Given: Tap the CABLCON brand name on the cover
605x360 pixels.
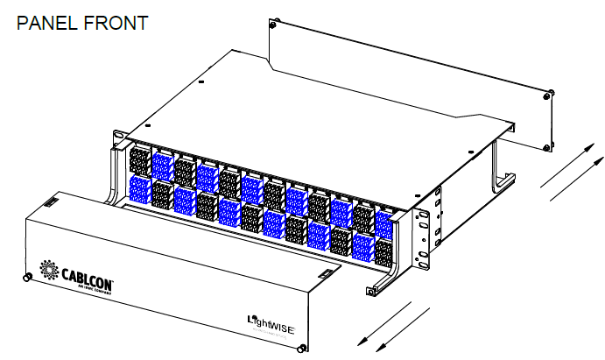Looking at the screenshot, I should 87,274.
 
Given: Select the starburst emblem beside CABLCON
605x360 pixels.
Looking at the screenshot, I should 47,266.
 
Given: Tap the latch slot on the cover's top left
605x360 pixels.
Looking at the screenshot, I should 51,203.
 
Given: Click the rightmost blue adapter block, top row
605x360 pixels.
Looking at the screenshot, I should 383,221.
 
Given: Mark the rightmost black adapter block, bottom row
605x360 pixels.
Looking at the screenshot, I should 383,251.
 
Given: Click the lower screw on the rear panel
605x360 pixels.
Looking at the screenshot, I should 547,145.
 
